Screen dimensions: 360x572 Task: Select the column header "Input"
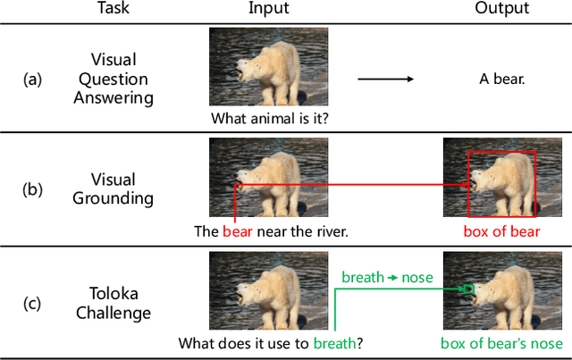(x=267, y=9)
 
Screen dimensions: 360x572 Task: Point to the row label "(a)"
(x=32, y=80)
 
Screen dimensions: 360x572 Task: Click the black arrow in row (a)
(x=385, y=80)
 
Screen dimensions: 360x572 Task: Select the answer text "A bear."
(x=501, y=80)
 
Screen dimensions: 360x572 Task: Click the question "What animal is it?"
(x=268, y=117)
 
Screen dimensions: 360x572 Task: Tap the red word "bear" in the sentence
(x=238, y=230)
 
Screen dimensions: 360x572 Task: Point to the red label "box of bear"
(x=500, y=230)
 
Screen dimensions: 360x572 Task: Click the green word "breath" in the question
(x=334, y=342)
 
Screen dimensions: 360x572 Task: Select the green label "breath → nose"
(x=387, y=277)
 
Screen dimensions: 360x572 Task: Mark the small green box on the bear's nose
(x=468, y=289)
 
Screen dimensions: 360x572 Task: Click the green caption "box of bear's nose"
(x=501, y=342)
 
